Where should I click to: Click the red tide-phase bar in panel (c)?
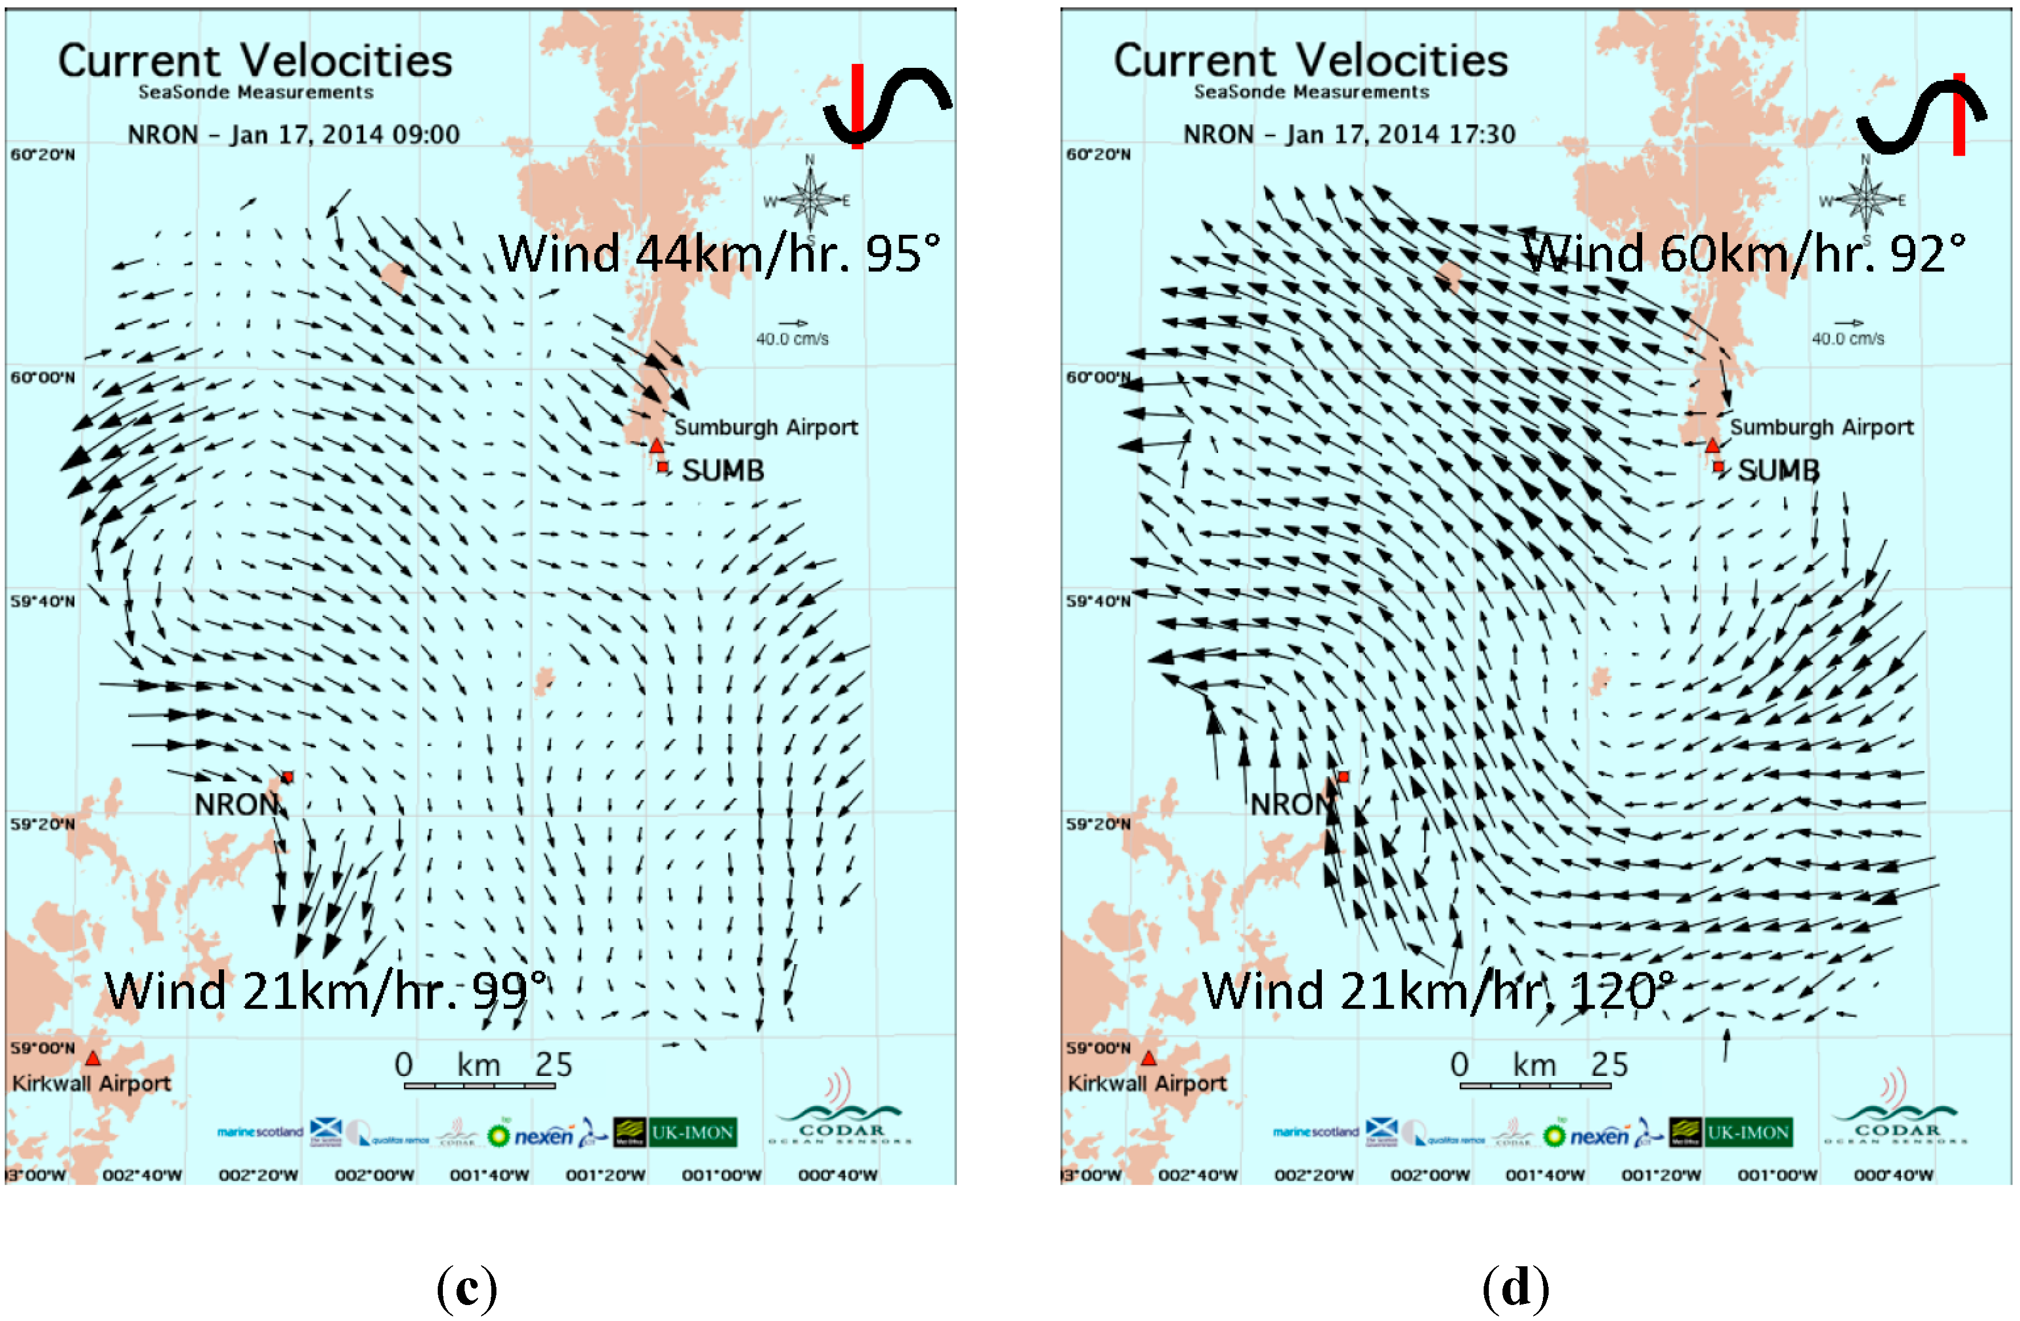(x=857, y=106)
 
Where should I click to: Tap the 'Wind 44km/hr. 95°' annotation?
(x=720, y=253)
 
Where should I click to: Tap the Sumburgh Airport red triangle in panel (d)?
(x=1712, y=446)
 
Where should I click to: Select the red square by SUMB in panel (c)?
(x=663, y=467)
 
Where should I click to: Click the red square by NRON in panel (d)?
(x=1343, y=776)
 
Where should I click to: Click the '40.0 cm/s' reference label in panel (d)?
(x=1848, y=339)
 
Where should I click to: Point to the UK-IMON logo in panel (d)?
(x=1748, y=1132)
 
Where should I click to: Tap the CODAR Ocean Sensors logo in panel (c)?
(x=840, y=1120)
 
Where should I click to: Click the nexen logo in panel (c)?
(x=544, y=1135)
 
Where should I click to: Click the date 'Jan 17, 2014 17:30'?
(x=1400, y=134)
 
